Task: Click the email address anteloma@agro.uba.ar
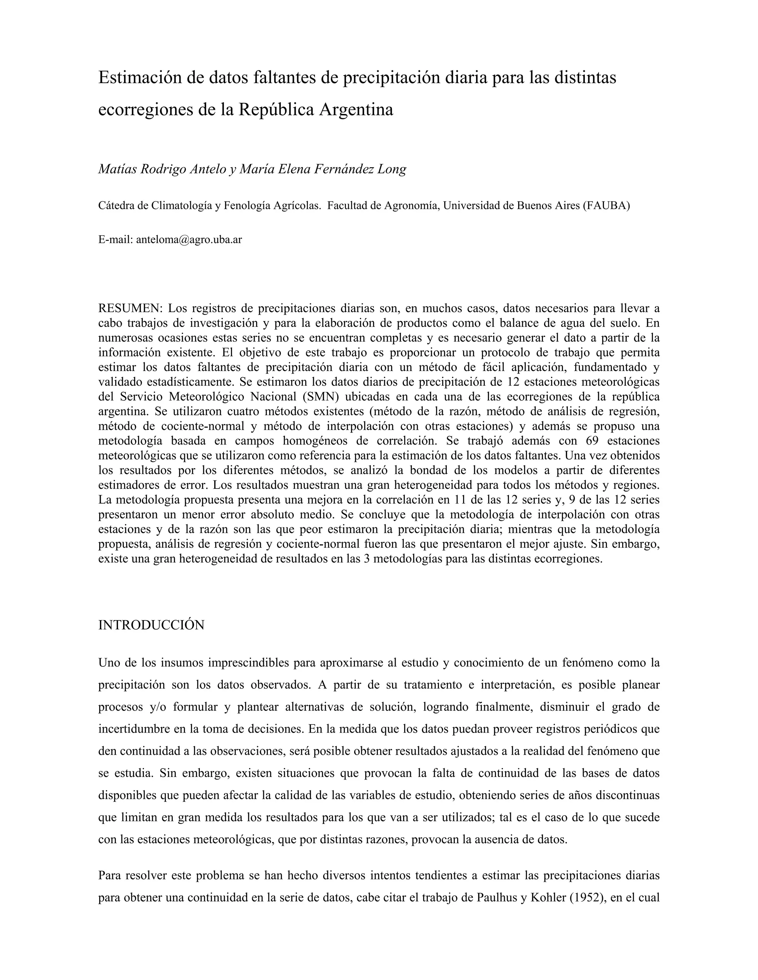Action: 189,240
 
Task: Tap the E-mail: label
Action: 115,240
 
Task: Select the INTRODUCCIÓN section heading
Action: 151,625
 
